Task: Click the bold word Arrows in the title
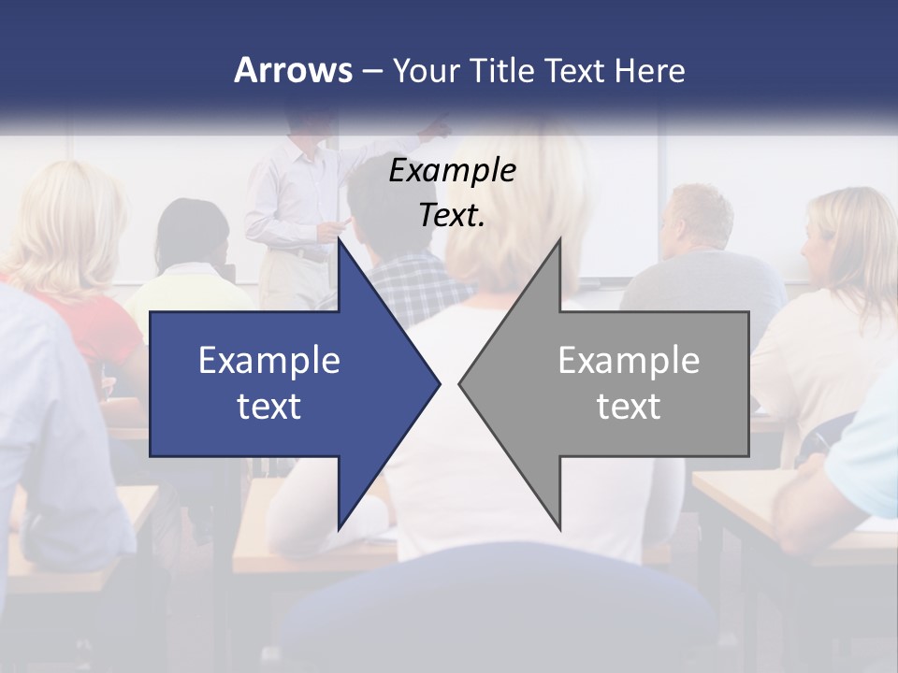point(293,70)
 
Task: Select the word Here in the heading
point(649,70)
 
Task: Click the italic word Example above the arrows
point(453,170)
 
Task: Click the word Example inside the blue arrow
point(269,360)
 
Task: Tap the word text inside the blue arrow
point(269,406)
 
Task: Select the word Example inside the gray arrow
point(629,360)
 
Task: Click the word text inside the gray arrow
point(629,406)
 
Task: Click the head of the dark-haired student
point(193,231)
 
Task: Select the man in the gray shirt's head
point(697,216)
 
